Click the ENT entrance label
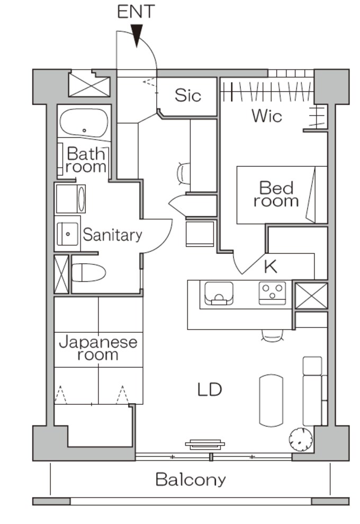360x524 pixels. point(136,12)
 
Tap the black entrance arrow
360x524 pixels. point(137,35)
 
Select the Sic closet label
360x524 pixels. point(188,95)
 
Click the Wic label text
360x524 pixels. point(267,116)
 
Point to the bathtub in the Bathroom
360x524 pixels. point(84,122)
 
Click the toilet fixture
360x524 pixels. point(89,272)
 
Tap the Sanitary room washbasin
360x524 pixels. point(67,234)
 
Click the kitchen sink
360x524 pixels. point(219,294)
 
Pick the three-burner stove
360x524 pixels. point(273,293)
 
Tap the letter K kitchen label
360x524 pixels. point(271,267)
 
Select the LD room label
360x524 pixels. point(210,389)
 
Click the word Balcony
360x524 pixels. point(191,479)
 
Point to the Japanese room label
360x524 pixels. point(98,348)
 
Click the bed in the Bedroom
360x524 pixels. point(282,195)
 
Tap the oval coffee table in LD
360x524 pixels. point(271,401)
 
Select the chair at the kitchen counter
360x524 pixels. point(273,335)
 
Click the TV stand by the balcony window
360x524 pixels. point(205,444)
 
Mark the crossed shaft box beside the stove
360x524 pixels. point(311,296)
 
